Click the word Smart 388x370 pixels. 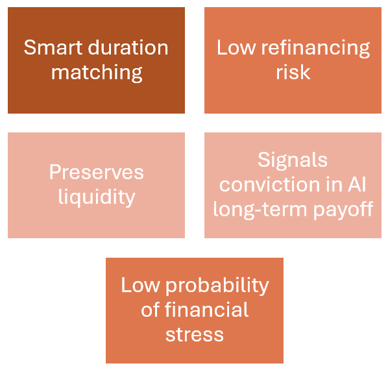(53, 47)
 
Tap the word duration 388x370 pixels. (128, 47)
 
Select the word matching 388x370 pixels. (97, 72)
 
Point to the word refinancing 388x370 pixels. (315, 48)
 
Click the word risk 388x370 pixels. (293, 72)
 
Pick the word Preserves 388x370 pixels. (96, 172)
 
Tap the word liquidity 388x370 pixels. (97, 197)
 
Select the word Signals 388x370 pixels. (293, 160)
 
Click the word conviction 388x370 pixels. (270, 184)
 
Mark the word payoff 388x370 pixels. (343, 210)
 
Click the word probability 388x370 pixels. (217, 286)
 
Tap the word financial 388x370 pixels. (206, 310)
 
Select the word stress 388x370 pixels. (195, 335)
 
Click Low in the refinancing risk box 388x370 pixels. (236, 47)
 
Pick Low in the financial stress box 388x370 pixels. (140, 285)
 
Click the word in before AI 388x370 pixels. (334, 184)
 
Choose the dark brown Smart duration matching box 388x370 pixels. (96, 60)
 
